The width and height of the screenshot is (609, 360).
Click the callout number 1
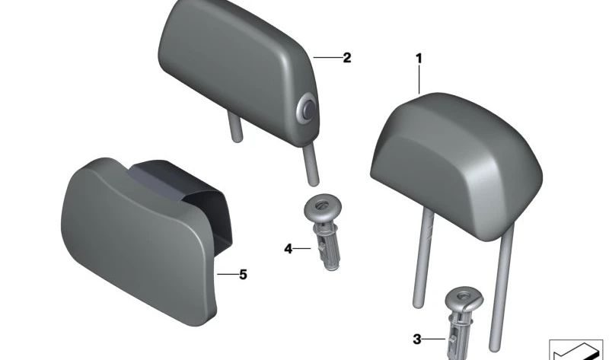tap(418, 58)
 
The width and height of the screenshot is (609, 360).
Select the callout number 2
tap(347, 57)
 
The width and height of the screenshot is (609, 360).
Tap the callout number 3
tap(416, 339)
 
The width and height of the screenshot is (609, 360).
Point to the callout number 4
tap(289, 248)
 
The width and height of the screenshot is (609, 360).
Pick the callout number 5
tap(243, 274)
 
